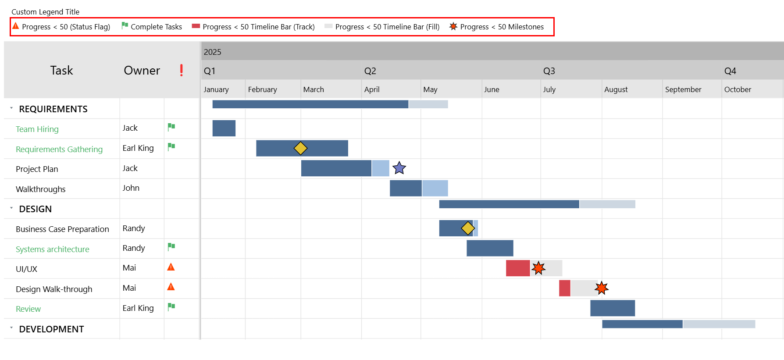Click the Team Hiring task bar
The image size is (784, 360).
[224, 128]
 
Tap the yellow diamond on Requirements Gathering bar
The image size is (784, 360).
[300, 148]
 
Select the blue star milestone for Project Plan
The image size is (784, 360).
[399, 168]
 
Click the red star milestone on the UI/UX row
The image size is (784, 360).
[538, 268]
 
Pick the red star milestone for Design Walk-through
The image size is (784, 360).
[602, 288]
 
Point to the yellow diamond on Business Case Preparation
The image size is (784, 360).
[468, 228]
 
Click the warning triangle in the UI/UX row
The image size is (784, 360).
[171, 267]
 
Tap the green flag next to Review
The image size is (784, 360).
[171, 307]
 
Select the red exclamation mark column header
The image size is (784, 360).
[182, 70]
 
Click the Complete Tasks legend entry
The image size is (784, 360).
[152, 27]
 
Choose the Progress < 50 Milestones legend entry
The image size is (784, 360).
[497, 27]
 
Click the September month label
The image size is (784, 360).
[683, 89]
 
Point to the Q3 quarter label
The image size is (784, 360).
[549, 71]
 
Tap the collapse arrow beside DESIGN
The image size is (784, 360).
[11, 208]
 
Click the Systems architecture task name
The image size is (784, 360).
[53, 249]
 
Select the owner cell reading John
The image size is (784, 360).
[131, 188]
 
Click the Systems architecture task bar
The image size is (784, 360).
[490, 248]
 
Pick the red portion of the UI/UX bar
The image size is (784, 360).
[518, 268]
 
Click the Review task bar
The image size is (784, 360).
[612, 308]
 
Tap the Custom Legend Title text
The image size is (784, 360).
[46, 12]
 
